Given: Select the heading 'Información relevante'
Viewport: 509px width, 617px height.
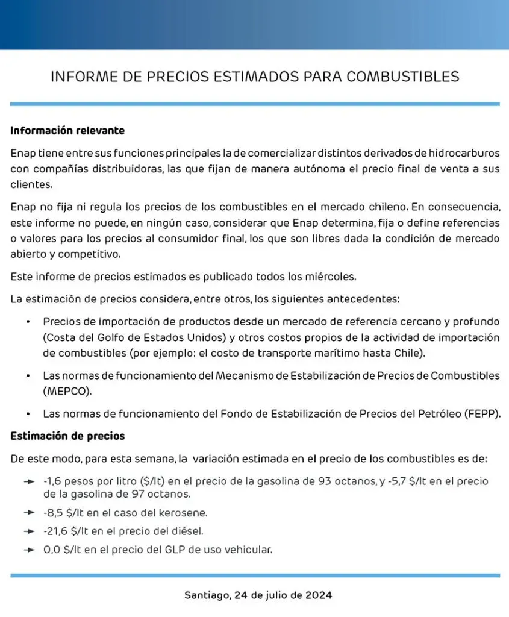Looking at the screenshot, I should click(67, 130).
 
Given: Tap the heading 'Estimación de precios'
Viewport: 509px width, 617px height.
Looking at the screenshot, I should click(67, 436).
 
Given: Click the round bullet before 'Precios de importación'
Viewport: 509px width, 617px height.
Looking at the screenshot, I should click(28, 322).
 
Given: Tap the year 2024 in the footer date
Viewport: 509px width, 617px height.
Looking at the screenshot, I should click(316, 595).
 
